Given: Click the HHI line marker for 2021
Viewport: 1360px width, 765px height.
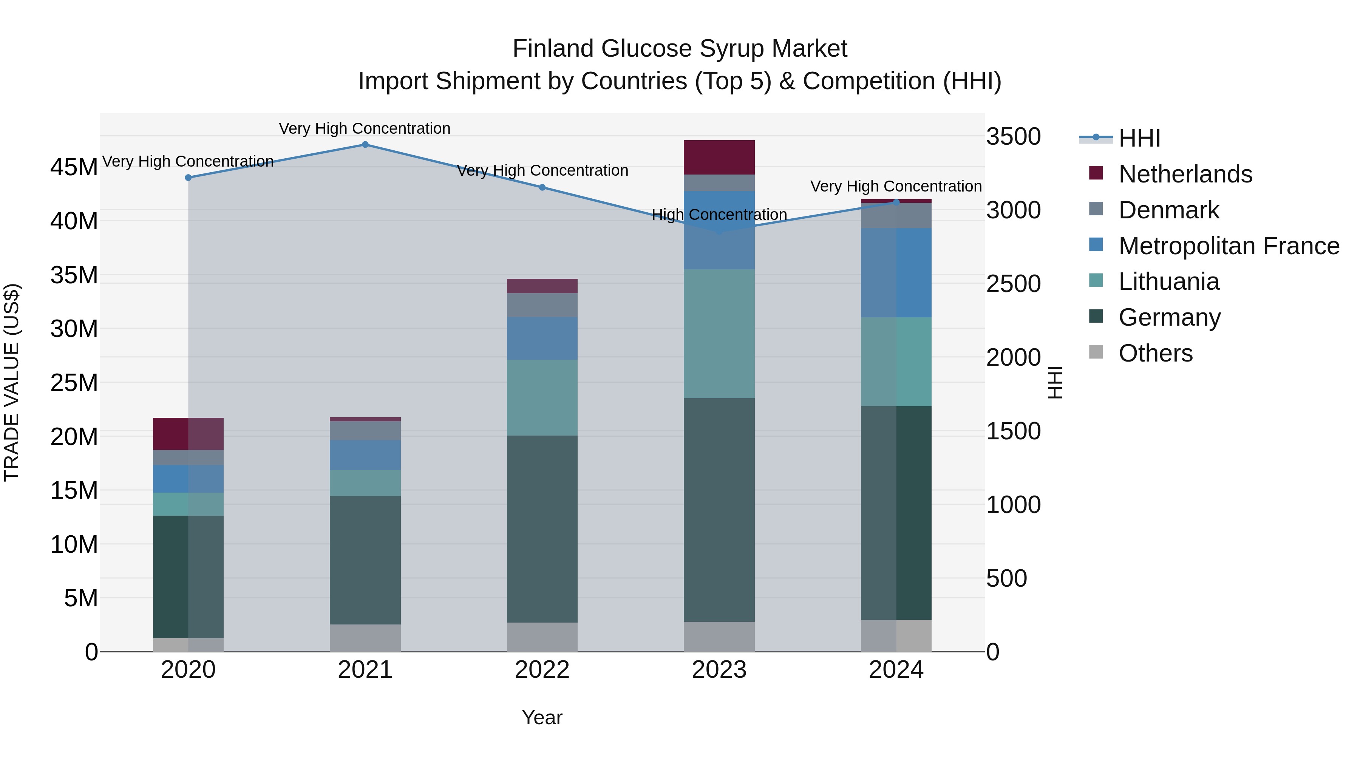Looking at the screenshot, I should pyautogui.click(x=365, y=144).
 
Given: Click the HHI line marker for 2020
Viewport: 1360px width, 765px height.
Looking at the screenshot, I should pyautogui.click(x=188, y=178).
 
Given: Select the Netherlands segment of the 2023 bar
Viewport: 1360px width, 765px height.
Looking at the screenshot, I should pyautogui.click(x=719, y=157).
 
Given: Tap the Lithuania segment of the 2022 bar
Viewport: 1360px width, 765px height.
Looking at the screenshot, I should pyautogui.click(x=542, y=397).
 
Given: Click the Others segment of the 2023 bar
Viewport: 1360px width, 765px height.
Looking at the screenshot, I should pyautogui.click(x=719, y=636).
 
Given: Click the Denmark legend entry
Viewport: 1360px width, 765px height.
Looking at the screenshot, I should pyautogui.click(x=1168, y=210).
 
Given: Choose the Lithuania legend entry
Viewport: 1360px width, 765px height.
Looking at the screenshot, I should pyautogui.click(x=1168, y=281).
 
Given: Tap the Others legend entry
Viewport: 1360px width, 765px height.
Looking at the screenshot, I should pyautogui.click(x=1155, y=353).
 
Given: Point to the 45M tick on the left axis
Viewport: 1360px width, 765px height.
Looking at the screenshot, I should pyautogui.click(x=74, y=167).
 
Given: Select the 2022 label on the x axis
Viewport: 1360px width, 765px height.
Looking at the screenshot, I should pyautogui.click(x=542, y=670).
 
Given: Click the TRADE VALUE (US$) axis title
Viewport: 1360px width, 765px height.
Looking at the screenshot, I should pyautogui.click(x=12, y=382).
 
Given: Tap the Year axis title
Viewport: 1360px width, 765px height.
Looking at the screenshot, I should pyautogui.click(x=542, y=717).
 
